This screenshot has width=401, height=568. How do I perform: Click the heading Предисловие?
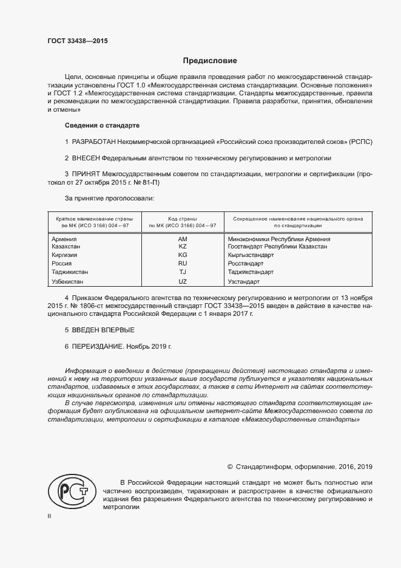click(x=210, y=61)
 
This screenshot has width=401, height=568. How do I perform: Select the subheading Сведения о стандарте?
click(x=102, y=125)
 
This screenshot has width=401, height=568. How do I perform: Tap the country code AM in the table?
click(x=183, y=239)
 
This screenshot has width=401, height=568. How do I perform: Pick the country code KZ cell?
click(x=183, y=247)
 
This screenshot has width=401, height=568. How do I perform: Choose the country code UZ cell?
click(x=183, y=282)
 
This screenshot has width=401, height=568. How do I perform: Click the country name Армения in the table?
click(x=64, y=239)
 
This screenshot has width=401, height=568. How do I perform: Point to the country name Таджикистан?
click(x=70, y=273)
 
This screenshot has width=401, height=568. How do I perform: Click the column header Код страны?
click(x=183, y=217)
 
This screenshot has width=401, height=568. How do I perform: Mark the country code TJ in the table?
click(x=183, y=273)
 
